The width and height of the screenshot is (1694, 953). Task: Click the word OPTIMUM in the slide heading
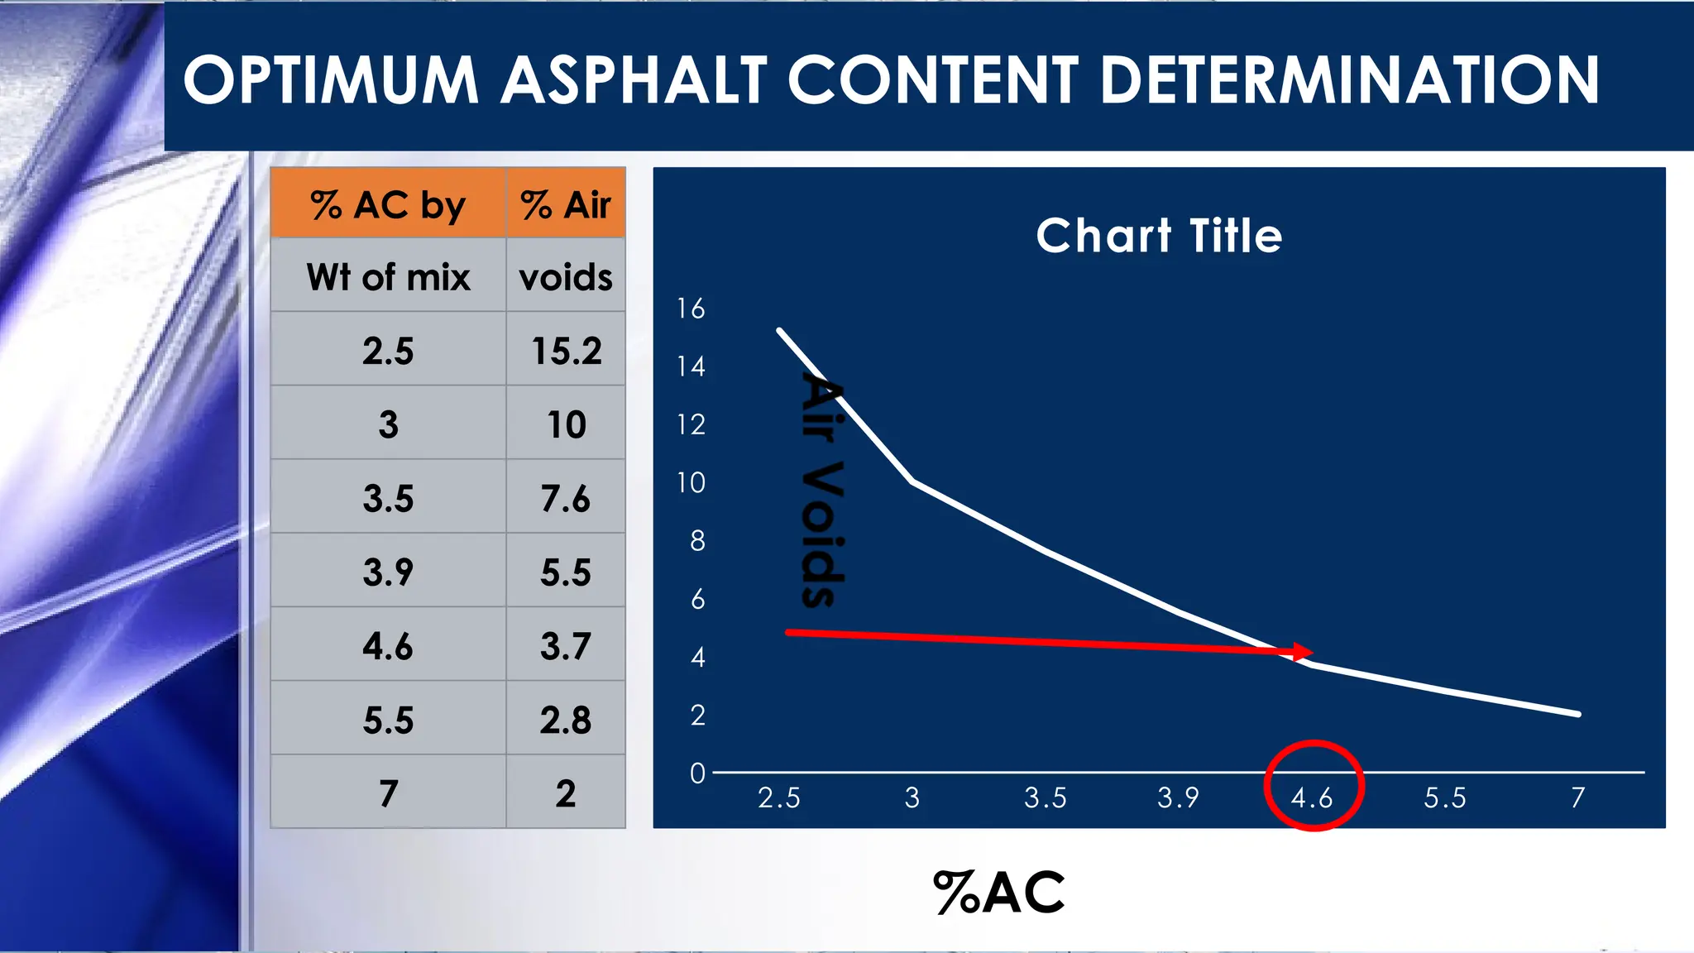tap(331, 80)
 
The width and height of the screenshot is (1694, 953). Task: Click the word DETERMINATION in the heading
tap(1350, 80)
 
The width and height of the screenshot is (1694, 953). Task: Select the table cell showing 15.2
tap(566, 350)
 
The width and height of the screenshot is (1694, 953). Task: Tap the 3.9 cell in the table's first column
tap(388, 572)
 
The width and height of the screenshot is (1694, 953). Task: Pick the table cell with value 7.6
tap(566, 498)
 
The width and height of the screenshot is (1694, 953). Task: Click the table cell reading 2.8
tap(566, 720)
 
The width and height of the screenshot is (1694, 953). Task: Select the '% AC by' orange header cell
tap(388, 204)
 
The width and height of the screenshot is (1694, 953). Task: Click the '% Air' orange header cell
tap(566, 204)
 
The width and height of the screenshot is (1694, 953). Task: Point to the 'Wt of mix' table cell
tap(388, 276)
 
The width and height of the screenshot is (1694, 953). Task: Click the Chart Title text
tap(1159, 236)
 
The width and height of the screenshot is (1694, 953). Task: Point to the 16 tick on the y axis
tap(691, 309)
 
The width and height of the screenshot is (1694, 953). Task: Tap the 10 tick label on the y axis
tap(691, 482)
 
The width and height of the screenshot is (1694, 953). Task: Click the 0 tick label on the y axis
tap(697, 773)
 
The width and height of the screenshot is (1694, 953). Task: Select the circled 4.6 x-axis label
tap(1312, 797)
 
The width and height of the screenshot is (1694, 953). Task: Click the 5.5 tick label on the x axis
tap(1445, 797)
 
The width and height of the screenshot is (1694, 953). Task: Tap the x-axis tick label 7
tap(1578, 797)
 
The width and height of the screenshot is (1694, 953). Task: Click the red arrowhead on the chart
tap(1303, 652)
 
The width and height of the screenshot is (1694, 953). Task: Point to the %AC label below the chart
tap(999, 893)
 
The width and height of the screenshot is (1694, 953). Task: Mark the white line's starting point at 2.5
tap(780, 331)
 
